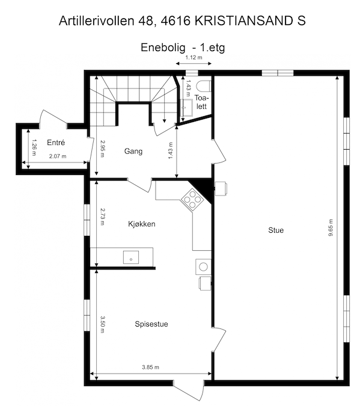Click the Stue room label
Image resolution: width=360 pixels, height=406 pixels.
point(276,230)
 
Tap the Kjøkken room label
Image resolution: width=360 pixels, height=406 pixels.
point(142,224)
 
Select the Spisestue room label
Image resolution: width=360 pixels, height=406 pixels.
point(151,324)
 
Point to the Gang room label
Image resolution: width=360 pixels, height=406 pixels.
point(133,151)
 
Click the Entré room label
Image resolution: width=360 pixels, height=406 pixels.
point(55,143)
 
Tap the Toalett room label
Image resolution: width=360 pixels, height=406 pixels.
point(201,100)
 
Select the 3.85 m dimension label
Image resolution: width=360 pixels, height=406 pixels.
point(150,366)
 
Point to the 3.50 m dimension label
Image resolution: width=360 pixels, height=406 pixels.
point(103,325)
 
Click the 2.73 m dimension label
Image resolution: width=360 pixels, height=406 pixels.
point(103,215)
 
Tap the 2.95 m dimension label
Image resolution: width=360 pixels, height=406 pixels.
point(103,148)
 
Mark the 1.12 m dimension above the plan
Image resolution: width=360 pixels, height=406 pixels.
point(194,57)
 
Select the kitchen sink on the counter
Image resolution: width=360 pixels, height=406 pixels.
point(130,257)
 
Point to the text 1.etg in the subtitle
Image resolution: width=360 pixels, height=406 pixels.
point(215,46)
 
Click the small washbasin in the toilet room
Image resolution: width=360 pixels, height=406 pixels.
point(186,106)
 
